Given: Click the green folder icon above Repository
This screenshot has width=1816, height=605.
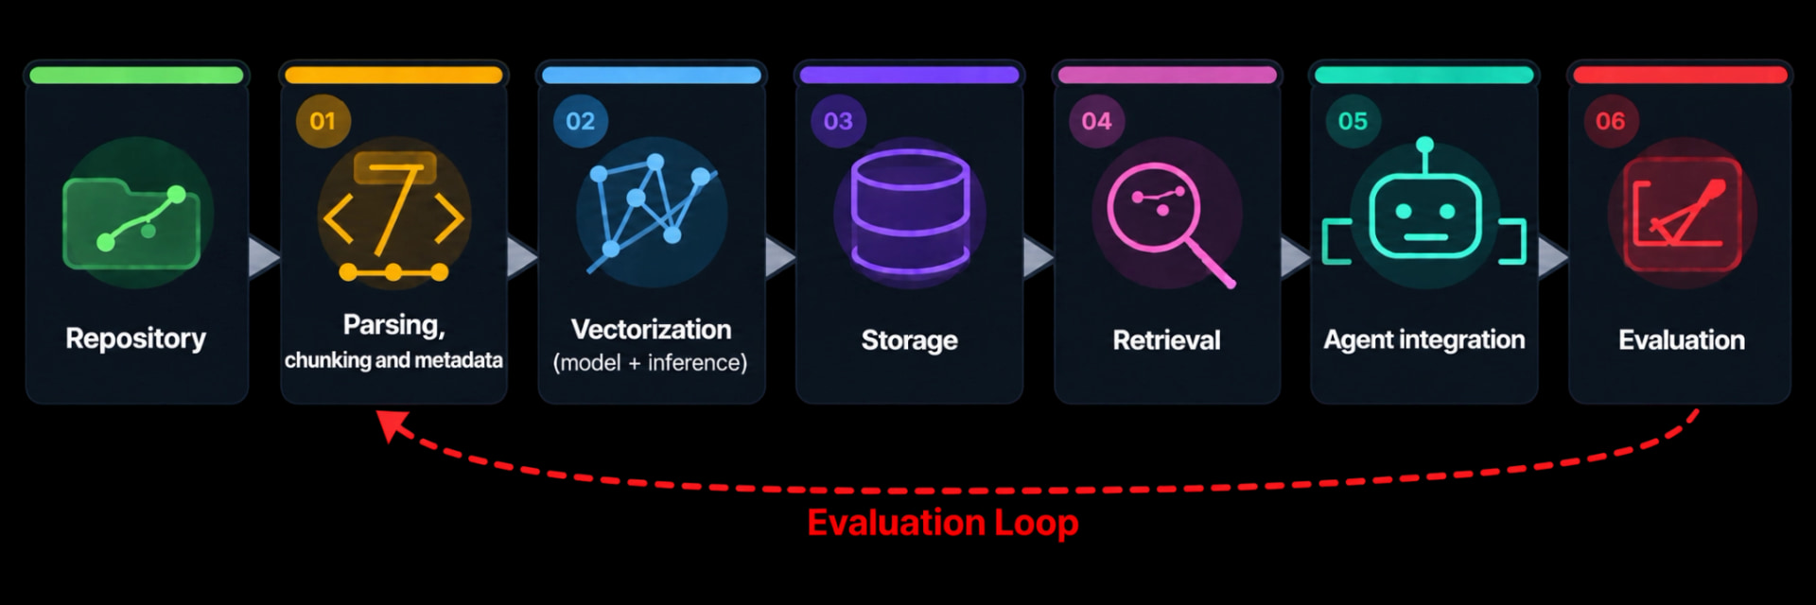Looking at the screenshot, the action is point(131,224).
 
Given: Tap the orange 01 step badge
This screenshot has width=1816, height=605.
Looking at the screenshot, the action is point(323,121).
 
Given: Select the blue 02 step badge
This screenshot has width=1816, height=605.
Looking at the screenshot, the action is point(580,121).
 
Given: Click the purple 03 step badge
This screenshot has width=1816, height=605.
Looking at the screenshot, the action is point(838,121).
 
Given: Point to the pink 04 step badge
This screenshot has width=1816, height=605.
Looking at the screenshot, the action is point(1096,121).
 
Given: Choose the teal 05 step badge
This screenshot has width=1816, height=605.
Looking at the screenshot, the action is point(1353,121).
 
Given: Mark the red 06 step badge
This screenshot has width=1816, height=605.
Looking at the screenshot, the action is point(1610,121).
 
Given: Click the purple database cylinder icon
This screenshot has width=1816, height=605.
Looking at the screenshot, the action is point(910,213).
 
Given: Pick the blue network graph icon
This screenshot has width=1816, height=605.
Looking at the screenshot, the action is point(652,214).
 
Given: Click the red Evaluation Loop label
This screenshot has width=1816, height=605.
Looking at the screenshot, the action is point(942,523).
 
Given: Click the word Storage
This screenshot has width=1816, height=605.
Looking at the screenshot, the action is point(909,340).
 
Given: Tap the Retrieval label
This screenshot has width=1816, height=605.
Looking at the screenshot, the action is point(1166,340).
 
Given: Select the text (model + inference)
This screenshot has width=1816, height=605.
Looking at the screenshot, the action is point(650,363).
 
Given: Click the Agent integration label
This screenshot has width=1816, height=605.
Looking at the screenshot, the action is point(1424,340).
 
